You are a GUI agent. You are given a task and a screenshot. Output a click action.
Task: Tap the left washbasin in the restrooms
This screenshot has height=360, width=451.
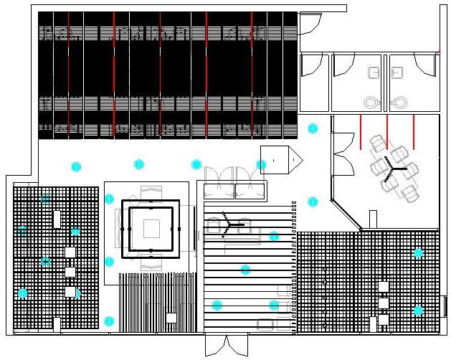click(374, 72)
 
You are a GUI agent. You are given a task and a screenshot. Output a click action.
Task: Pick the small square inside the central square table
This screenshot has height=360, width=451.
click(151, 229)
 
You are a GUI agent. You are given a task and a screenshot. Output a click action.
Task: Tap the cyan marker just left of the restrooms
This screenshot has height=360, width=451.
click(313, 128)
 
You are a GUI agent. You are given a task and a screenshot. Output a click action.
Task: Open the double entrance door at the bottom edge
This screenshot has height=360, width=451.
click(226, 346)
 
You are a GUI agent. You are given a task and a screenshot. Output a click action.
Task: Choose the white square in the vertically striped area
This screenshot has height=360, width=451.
click(171, 317)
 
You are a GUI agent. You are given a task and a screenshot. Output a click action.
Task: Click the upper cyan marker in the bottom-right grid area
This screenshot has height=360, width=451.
click(418, 252)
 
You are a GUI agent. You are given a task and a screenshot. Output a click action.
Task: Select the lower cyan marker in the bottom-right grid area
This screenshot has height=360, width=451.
click(418, 311)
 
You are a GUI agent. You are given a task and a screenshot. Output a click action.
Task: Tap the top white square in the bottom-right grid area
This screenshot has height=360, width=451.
click(384, 286)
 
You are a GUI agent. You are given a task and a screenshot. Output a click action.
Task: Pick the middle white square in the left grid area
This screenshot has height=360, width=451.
click(70, 272)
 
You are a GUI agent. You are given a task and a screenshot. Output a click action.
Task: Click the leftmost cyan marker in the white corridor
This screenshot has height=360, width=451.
click(76, 167)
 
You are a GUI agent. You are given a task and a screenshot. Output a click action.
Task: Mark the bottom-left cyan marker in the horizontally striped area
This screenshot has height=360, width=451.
click(217, 305)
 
